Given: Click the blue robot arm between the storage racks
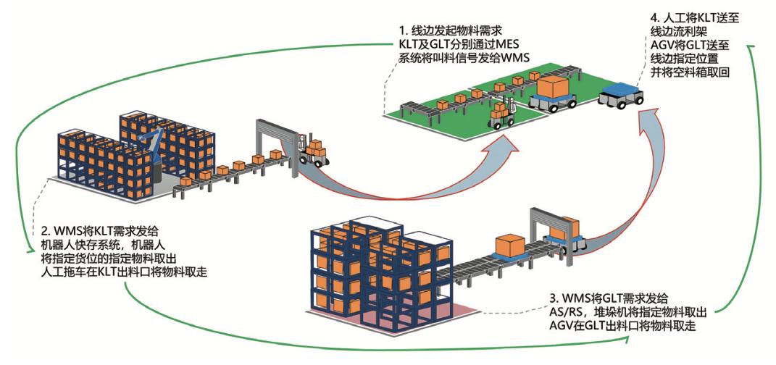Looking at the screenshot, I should click(151, 146).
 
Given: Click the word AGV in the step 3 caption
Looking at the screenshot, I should click(562, 325).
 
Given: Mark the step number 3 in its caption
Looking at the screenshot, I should click(553, 299).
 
